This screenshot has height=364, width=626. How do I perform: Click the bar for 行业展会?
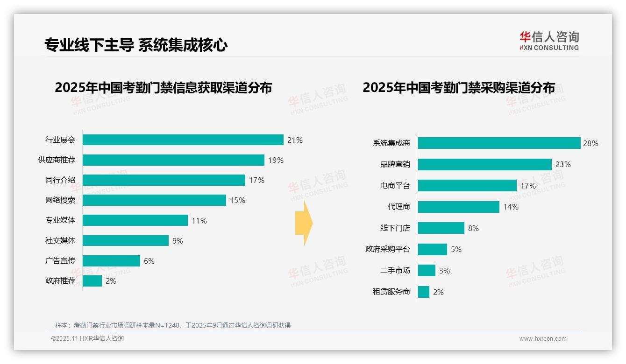(183, 140)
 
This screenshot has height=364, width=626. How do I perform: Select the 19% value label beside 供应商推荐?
(276, 160)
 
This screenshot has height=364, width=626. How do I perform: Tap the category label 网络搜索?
(60, 200)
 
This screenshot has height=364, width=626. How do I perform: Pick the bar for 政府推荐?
(92, 281)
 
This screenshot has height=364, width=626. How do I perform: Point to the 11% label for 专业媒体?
(199, 221)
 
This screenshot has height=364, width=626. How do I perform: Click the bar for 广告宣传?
(112, 261)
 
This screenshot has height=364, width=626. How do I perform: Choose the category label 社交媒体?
(60, 241)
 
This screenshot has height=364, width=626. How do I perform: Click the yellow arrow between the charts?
(304, 223)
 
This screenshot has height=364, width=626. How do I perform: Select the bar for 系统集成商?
(499, 143)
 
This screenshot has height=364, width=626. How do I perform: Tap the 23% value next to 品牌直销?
(563, 164)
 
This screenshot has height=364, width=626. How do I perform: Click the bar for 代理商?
(459, 207)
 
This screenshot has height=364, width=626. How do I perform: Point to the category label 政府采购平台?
(388, 249)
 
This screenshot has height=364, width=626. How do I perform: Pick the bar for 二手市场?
(427, 271)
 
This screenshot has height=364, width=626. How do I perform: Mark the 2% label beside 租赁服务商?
(438, 292)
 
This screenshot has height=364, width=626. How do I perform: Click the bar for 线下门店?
(441, 228)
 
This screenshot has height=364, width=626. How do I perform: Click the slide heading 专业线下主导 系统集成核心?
(136, 45)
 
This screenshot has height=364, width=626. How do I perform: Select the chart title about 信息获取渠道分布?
(163, 88)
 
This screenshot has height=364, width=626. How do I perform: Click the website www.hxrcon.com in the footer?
(543, 339)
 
